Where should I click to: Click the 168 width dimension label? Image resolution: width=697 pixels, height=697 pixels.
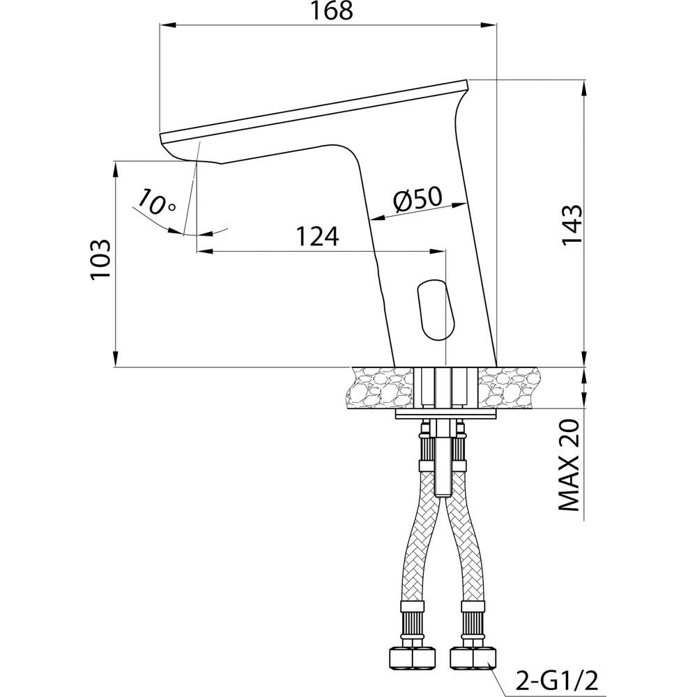point(332,11)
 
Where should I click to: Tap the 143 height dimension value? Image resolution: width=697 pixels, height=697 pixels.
point(572,224)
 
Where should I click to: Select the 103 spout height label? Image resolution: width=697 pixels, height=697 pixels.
point(100,259)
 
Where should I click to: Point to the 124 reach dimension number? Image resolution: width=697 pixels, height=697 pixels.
point(317,236)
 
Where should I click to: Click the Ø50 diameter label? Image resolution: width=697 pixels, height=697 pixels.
point(418,198)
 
